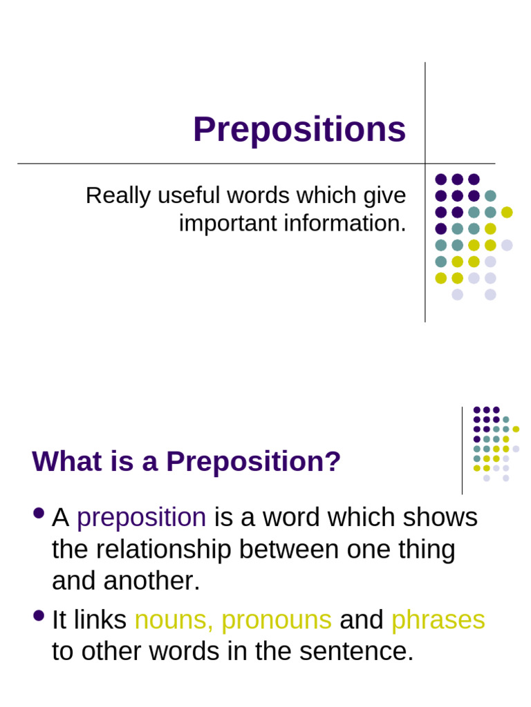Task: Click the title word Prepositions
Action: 299,130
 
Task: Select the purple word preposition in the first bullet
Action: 142,517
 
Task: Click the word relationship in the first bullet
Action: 165,550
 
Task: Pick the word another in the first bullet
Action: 151,581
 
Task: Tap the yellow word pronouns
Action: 277,620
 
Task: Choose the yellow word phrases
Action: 438,620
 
